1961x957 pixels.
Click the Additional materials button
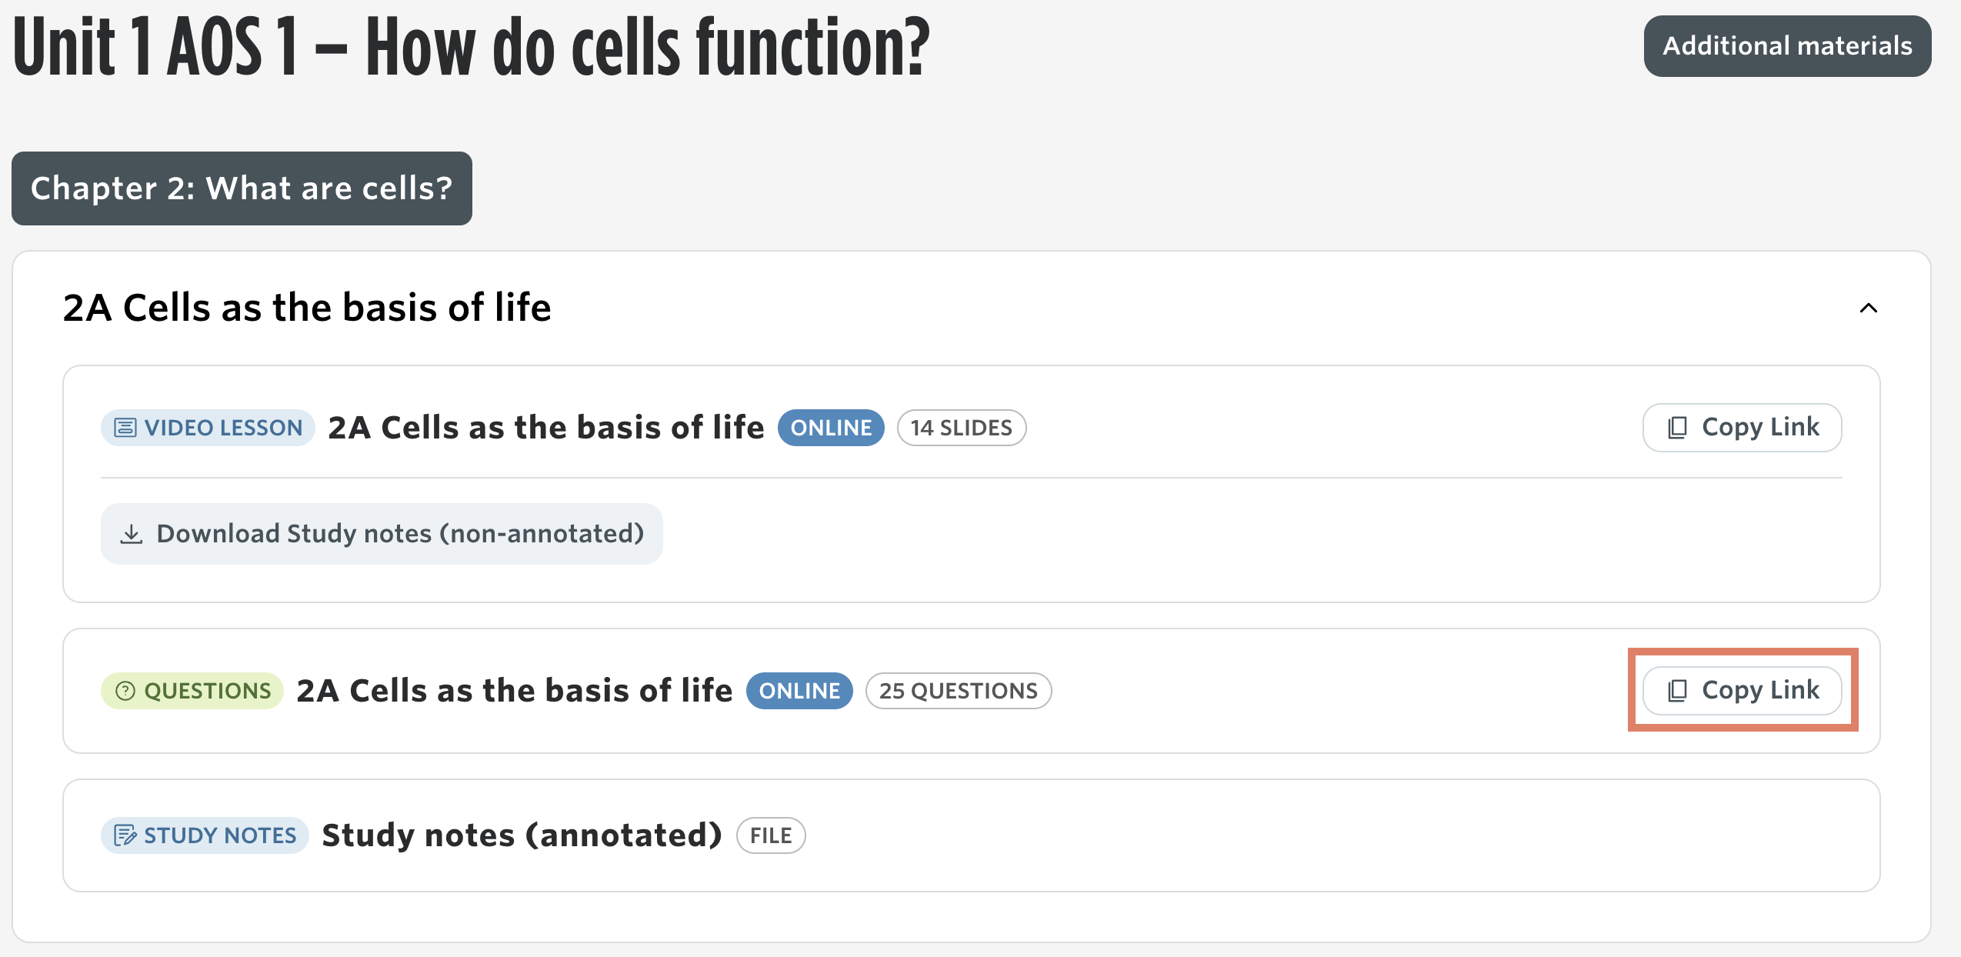[x=1787, y=46]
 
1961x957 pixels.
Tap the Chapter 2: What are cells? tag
[x=242, y=188]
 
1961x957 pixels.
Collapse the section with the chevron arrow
[x=1869, y=308]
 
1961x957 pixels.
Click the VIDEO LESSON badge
[x=208, y=428]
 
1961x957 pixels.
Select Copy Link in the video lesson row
[x=1742, y=428]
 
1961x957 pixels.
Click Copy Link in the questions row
[x=1742, y=691]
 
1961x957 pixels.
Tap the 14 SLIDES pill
[x=962, y=428]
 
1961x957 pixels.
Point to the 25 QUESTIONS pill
[x=959, y=691]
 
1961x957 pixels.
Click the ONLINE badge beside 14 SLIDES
[x=831, y=428]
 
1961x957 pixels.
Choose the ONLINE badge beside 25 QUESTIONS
[x=799, y=691]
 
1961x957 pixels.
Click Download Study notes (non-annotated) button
[x=382, y=534]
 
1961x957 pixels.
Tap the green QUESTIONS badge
[x=192, y=691]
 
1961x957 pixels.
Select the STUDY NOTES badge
[x=205, y=835]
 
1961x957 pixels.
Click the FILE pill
[x=771, y=835]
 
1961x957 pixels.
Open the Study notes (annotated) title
[x=522, y=835]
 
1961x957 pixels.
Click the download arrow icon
[x=132, y=534]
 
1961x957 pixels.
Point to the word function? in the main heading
[x=813, y=48]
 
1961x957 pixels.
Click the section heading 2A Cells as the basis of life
[x=307, y=308]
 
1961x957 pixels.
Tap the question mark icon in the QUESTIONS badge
[x=125, y=691]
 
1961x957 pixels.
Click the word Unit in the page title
[x=64, y=48]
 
